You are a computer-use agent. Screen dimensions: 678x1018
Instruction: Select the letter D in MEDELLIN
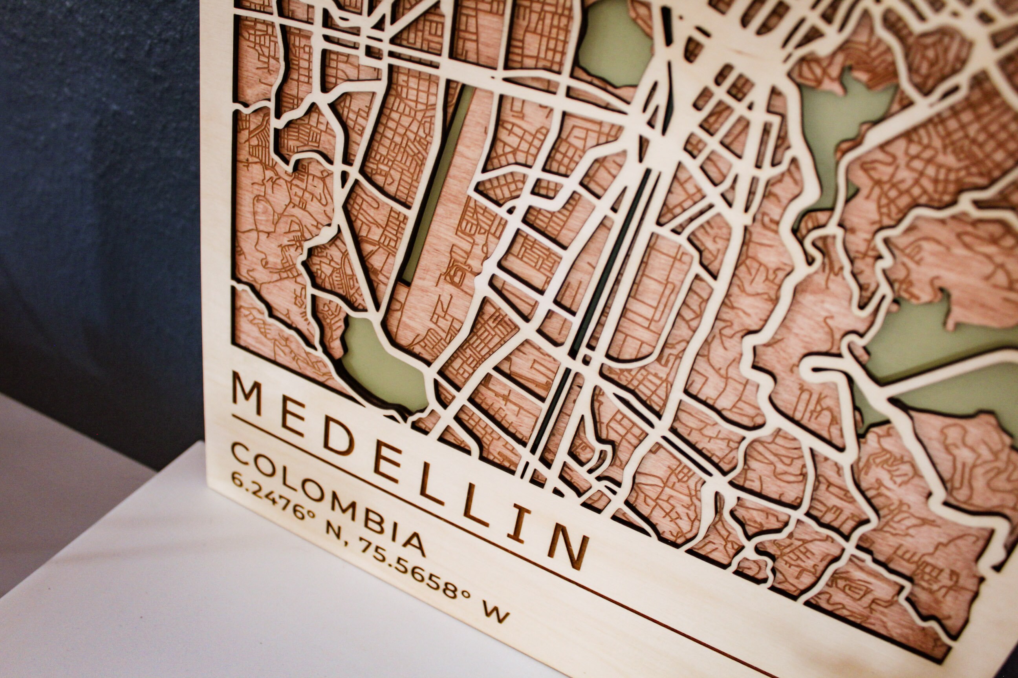(339, 437)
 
